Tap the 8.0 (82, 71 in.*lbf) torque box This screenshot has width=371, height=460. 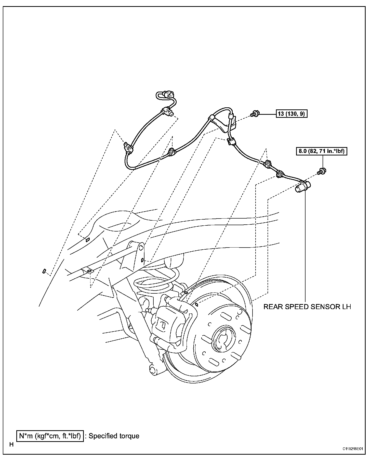click(322, 151)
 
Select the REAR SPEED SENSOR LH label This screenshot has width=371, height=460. click(307, 307)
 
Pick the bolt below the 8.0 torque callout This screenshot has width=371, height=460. click(322, 171)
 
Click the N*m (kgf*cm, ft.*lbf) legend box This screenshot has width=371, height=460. click(50, 436)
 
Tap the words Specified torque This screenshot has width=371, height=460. click(114, 436)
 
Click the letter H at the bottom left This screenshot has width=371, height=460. click(11, 445)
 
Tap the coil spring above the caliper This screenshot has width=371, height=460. click(155, 280)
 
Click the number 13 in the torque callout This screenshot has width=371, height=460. click(281, 114)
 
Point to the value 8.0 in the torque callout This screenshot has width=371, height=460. click(302, 151)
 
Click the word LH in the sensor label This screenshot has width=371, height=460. click(346, 307)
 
